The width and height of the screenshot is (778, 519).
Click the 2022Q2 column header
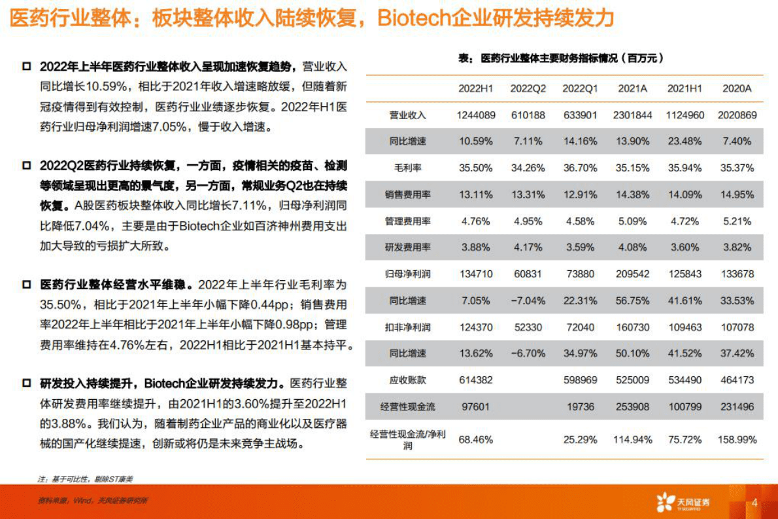tap(528, 88)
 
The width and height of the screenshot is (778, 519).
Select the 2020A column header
tap(737, 88)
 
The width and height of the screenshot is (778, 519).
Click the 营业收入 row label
tap(408, 115)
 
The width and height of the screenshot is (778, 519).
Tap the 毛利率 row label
tap(408, 168)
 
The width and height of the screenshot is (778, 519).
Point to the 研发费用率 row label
tap(408, 248)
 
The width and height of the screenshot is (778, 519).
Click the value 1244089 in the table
tap(475, 115)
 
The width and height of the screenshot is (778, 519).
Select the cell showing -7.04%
tap(528, 300)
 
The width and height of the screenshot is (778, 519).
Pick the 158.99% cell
tap(737, 439)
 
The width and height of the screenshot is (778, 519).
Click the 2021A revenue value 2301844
tap(632, 115)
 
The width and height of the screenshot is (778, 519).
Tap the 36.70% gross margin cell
tap(580, 168)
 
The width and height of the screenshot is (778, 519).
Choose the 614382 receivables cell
tap(475, 380)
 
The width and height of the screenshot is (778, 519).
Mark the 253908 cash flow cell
tap(632, 406)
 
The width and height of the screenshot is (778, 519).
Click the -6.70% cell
tap(528, 353)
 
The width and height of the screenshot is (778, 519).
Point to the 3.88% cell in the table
tap(475, 248)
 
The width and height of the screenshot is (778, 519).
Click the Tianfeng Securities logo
tap(683, 502)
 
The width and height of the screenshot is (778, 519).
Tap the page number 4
tap(754, 503)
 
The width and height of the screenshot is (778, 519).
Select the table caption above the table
tap(562, 58)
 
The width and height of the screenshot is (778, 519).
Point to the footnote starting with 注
tap(86, 478)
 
